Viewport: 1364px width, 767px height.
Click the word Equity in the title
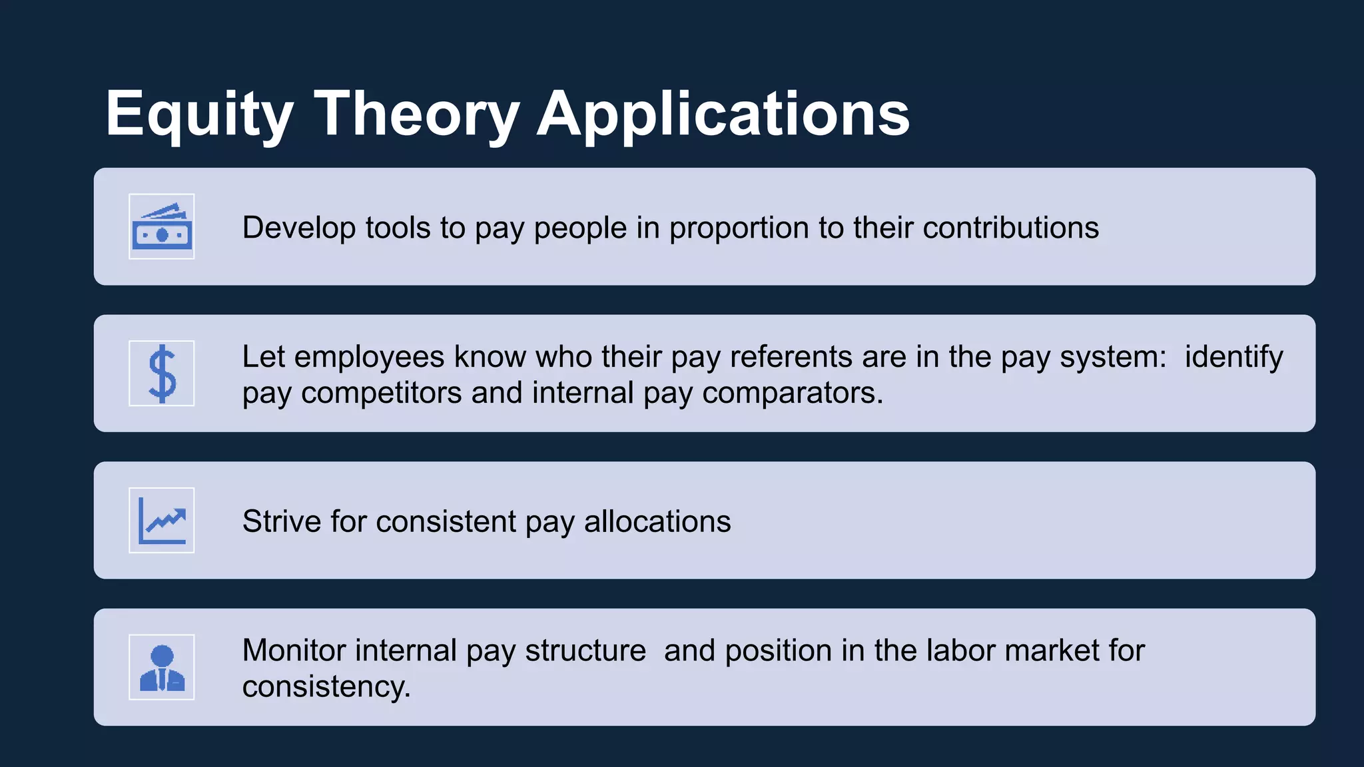(199, 115)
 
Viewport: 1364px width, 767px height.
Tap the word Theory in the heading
(416, 115)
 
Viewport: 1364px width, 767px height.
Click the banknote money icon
(162, 227)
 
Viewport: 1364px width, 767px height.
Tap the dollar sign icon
(162, 374)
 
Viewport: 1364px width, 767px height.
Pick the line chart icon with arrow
(162, 521)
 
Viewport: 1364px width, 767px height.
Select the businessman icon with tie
(162, 667)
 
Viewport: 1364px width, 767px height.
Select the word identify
(1233, 358)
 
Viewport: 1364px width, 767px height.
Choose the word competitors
(381, 393)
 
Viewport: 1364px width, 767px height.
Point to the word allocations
(657, 521)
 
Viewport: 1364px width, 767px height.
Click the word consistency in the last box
(326, 687)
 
